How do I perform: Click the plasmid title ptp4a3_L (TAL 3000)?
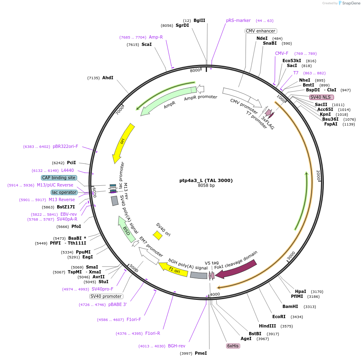pyautogui.click(x=206, y=180)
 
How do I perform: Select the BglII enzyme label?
pyautogui.click(x=199, y=20)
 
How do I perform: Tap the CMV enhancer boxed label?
pyautogui.click(x=261, y=31)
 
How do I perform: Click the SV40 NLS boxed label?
pyautogui.click(x=321, y=97)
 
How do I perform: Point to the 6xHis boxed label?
pyautogui.click(x=233, y=346)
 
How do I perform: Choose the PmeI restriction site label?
pyautogui.click(x=200, y=353)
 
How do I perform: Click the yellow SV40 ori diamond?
pyautogui.click(x=157, y=235)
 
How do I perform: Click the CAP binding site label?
pyautogui.click(x=59, y=178)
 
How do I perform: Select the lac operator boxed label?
pyautogui.click(x=64, y=192)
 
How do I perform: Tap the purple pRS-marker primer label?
pyautogui.click(x=238, y=20)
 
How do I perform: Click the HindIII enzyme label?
pyautogui.click(x=267, y=326)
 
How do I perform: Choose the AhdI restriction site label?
pyautogui.click(x=108, y=78)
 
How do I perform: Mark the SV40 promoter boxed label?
pyautogui.click(x=106, y=296)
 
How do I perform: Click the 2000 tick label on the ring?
pyautogui.click(x=318, y=176)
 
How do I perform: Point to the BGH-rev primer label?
pyautogui.click(x=177, y=346)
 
